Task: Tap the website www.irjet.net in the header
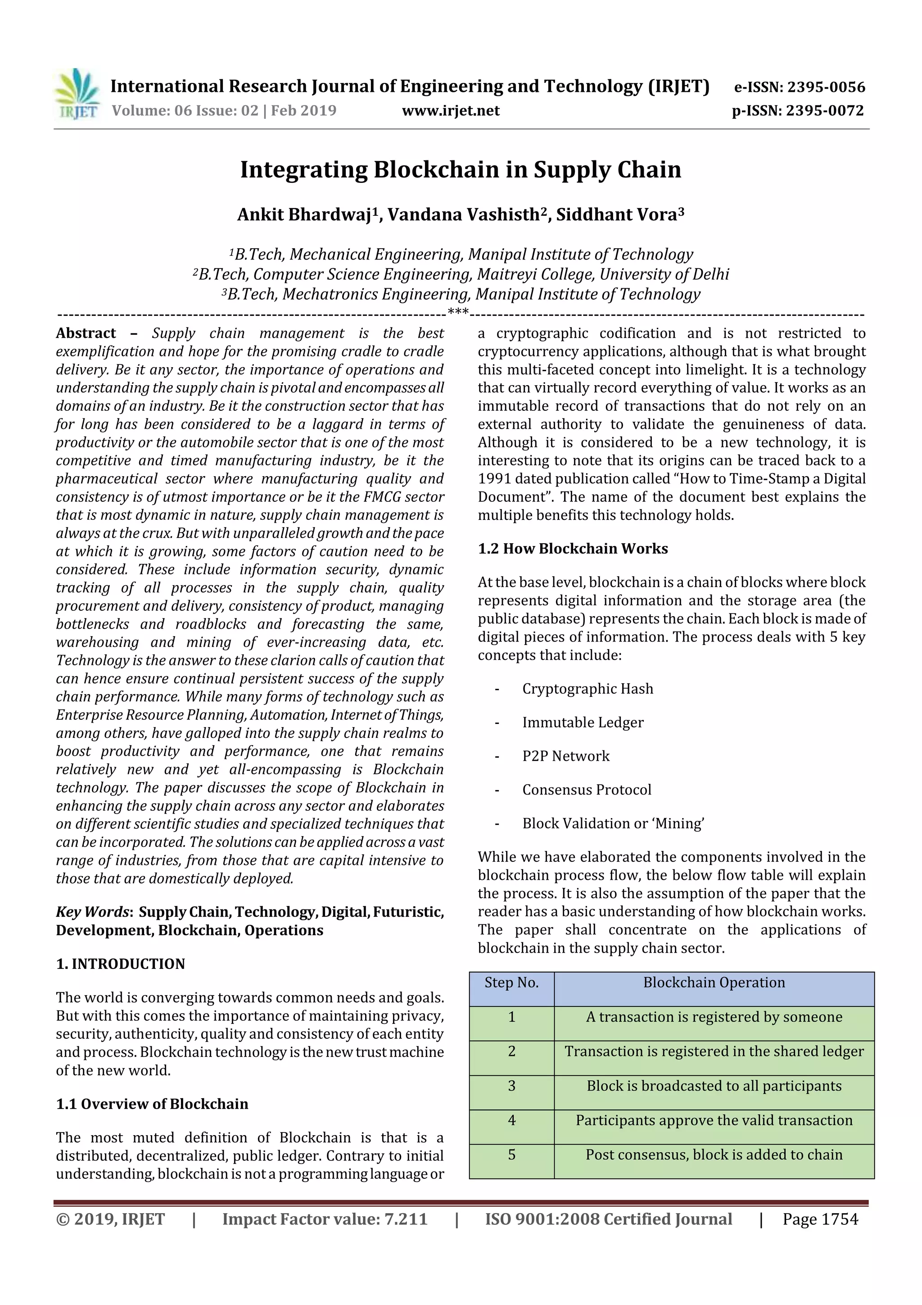(x=451, y=110)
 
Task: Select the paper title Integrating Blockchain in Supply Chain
(x=460, y=169)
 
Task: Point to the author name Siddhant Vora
(x=619, y=214)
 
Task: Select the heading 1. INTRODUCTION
(x=121, y=964)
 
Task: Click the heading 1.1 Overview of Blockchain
(x=152, y=1104)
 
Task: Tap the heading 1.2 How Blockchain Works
(x=572, y=549)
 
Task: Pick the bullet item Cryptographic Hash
(x=588, y=689)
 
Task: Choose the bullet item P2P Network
(x=566, y=756)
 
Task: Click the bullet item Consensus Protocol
(x=586, y=790)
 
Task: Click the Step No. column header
(x=511, y=983)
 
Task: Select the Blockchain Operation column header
(x=714, y=983)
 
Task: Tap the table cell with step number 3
(x=511, y=1086)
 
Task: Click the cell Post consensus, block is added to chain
(x=714, y=1155)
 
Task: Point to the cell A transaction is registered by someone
(x=714, y=1017)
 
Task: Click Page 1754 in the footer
(x=820, y=1219)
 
